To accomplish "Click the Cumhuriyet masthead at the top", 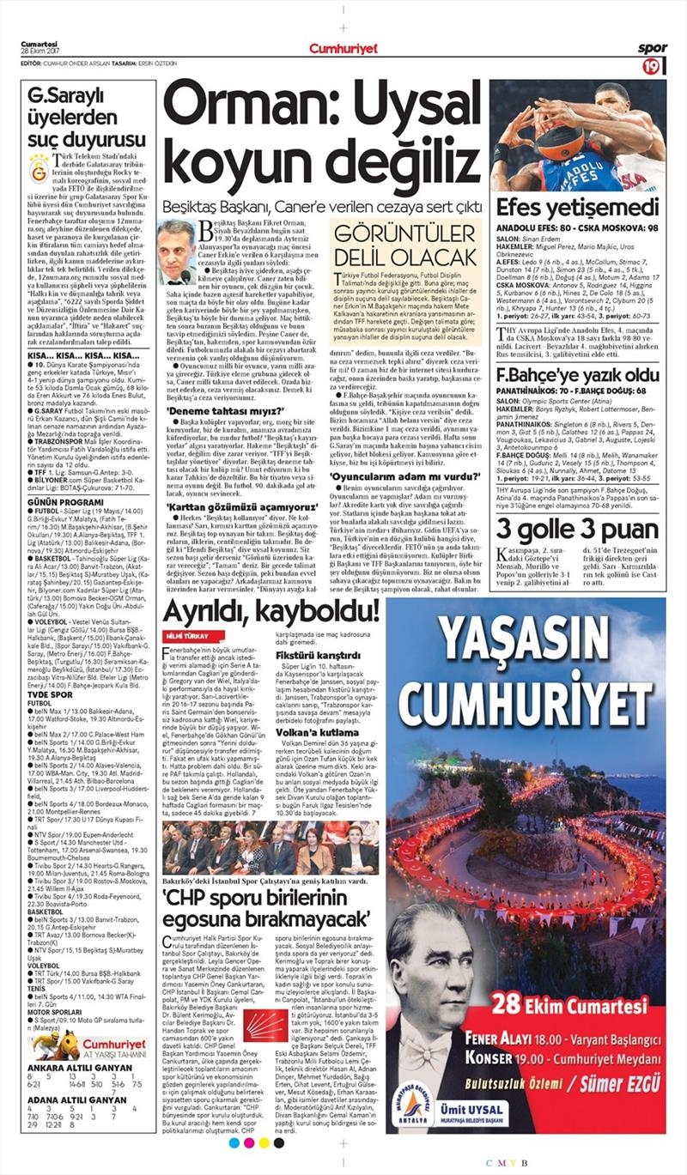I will [343, 49].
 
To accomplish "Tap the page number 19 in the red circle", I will [652, 66].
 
